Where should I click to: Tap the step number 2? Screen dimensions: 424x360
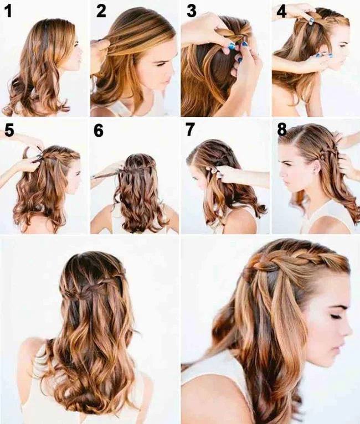(x=101, y=12)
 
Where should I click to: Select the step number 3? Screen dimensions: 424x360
(x=192, y=12)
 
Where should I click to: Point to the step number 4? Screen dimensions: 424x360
(x=281, y=12)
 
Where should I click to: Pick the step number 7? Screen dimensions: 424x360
(x=190, y=131)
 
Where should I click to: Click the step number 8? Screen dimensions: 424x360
(x=281, y=131)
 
